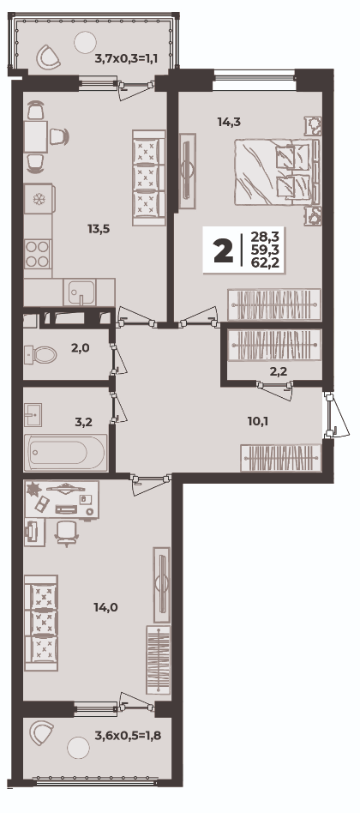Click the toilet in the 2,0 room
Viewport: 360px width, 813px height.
click(40, 355)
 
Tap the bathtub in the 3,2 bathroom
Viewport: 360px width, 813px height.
click(65, 453)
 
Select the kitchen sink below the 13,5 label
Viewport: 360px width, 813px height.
click(80, 292)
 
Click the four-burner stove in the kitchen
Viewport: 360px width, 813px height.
click(38, 254)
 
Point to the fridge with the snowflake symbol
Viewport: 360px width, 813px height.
click(38, 199)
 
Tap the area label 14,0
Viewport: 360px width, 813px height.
click(105, 607)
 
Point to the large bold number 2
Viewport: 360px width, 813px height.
click(223, 251)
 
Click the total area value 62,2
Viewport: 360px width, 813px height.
click(265, 262)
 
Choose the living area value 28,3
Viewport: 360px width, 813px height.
click(265, 238)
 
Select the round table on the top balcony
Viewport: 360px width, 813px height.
click(85, 41)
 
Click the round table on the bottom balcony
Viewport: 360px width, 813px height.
click(78, 747)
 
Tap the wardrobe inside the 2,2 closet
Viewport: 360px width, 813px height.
click(274, 344)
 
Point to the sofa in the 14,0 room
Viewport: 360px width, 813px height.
click(41, 623)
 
